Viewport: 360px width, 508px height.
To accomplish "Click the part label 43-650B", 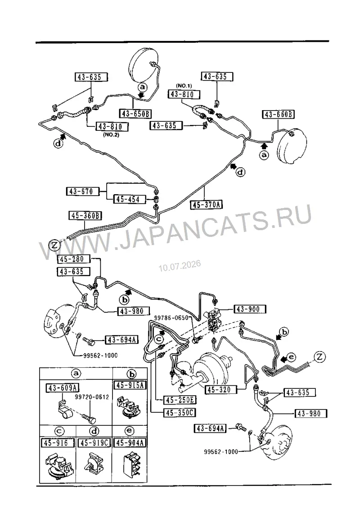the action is [135, 114].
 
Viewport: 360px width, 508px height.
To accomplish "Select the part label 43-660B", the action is [278, 115].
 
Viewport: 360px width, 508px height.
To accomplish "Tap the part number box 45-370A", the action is [207, 205].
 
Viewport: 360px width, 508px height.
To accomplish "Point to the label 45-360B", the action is [85, 215].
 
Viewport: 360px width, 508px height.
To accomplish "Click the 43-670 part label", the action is [81, 192].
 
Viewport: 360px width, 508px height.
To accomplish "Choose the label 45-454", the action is [128, 200].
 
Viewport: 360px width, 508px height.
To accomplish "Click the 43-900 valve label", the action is [249, 309].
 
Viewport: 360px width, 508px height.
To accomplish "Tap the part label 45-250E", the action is [180, 401].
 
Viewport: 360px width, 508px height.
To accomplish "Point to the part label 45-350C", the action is [180, 413].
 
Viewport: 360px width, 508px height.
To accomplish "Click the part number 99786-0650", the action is [171, 318].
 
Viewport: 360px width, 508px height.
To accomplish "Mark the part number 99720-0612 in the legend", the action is [92, 397].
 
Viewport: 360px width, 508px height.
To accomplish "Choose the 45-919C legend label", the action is [94, 442].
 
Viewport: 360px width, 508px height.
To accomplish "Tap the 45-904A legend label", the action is [130, 442].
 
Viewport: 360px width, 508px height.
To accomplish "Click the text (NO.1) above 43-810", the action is [184, 86].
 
